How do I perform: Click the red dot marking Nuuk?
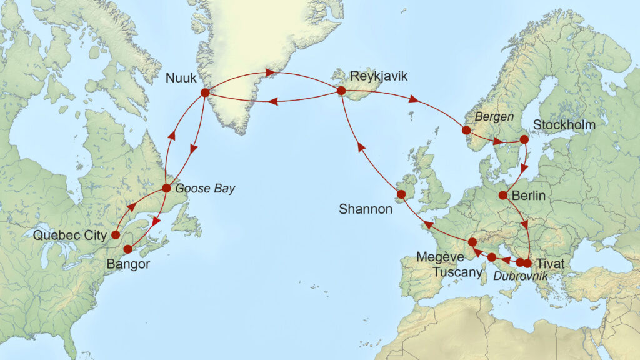(204, 92)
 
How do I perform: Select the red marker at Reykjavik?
(341, 91)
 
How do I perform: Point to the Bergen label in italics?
(494, 116)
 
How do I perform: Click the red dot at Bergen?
(466, 130)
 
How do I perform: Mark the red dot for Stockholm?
(524, 139)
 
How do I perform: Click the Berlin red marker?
(502, 195)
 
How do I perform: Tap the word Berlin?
(529, 196)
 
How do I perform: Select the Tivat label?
(550, 264)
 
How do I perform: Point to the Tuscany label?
(460, 272)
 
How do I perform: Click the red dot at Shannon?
(401, 194)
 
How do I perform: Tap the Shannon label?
(365, 209)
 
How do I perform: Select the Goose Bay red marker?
(166, 188)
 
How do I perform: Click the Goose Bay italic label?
(206, 189)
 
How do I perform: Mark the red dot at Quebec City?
(115, 235)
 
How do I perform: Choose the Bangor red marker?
(128, 249)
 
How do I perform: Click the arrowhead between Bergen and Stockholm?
(497, 141)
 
